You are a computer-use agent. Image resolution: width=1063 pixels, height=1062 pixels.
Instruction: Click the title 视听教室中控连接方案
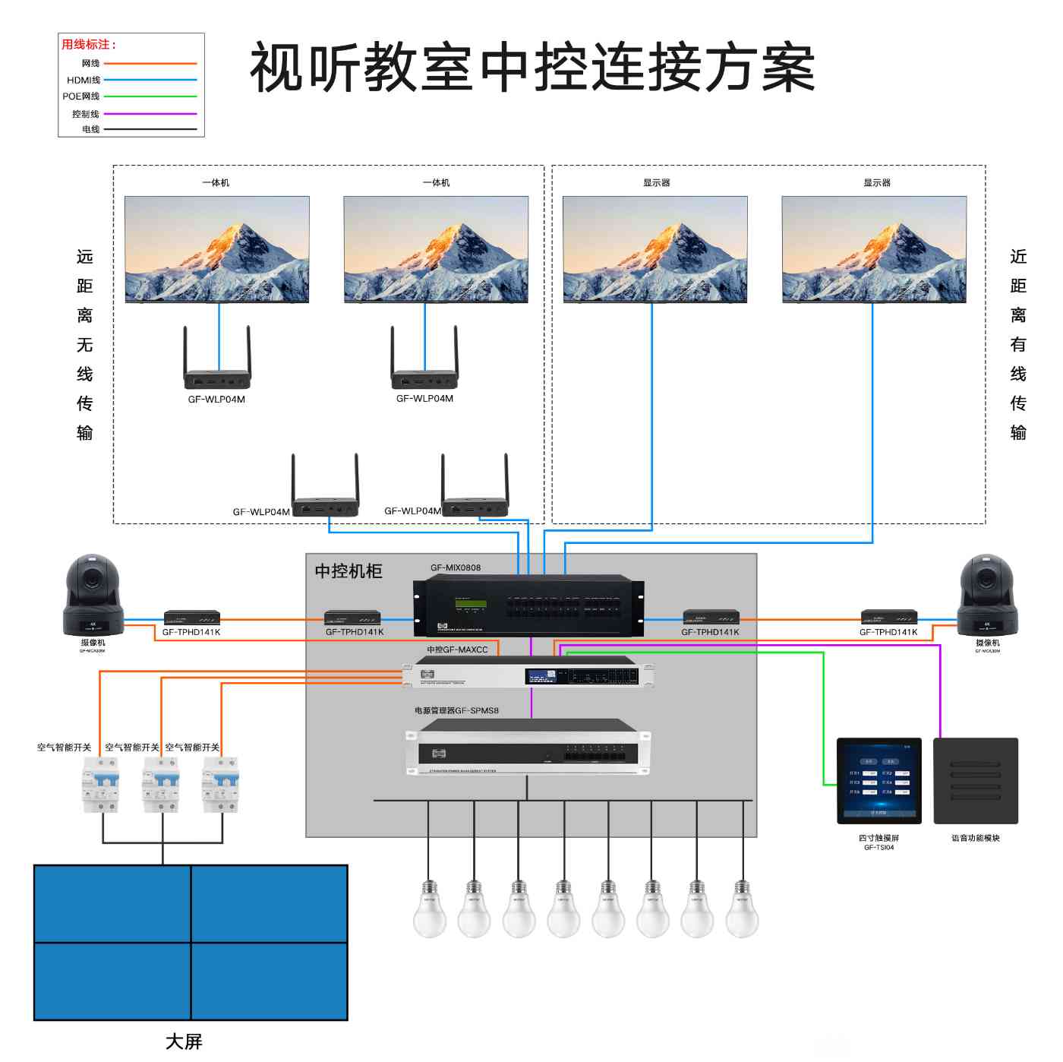pyautogui.click(x=531, y=68)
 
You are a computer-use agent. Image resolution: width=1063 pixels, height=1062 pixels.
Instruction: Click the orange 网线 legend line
pyautogui.click(x=150, y=64)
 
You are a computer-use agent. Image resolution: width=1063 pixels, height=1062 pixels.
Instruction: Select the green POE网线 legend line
pyautogui.click(x=150, y=96)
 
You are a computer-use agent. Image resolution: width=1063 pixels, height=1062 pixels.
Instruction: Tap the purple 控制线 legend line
pyautogui.click(x=150, y=114)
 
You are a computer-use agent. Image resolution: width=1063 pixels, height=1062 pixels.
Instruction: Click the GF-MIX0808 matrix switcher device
pyautogui.click(x=528, y=605)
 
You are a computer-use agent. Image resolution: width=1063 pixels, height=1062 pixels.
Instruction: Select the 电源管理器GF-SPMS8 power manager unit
pyautogui.click(x=528, y=748)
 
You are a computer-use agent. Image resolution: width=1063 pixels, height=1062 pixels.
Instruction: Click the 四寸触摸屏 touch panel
pyautogui.click(x=878, y=781)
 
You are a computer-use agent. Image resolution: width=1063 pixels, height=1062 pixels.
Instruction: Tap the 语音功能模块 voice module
pyautogui.click(x=975, y=781)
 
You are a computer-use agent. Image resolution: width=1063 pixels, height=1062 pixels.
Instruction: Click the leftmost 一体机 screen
pyautogui.click(x=216, y=249)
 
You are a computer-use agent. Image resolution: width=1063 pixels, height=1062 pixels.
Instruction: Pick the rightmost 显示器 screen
pyautogui.click(x=874, y=249)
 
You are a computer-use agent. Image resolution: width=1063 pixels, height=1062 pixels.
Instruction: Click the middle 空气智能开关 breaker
pyautogui.click(x=161, y=784)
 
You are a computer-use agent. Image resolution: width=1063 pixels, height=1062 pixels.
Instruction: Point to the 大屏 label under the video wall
pyautogui.click(x=184, y=1041)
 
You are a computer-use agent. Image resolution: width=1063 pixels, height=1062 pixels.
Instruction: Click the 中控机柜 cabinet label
pyautogui.click(x=349, y=571)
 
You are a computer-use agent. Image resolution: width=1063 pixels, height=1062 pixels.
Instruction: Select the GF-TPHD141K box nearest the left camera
pyautogui.click(x=192, y=618)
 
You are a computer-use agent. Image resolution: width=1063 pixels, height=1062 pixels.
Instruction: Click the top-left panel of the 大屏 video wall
pyautogui.click(x=112, y=904)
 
